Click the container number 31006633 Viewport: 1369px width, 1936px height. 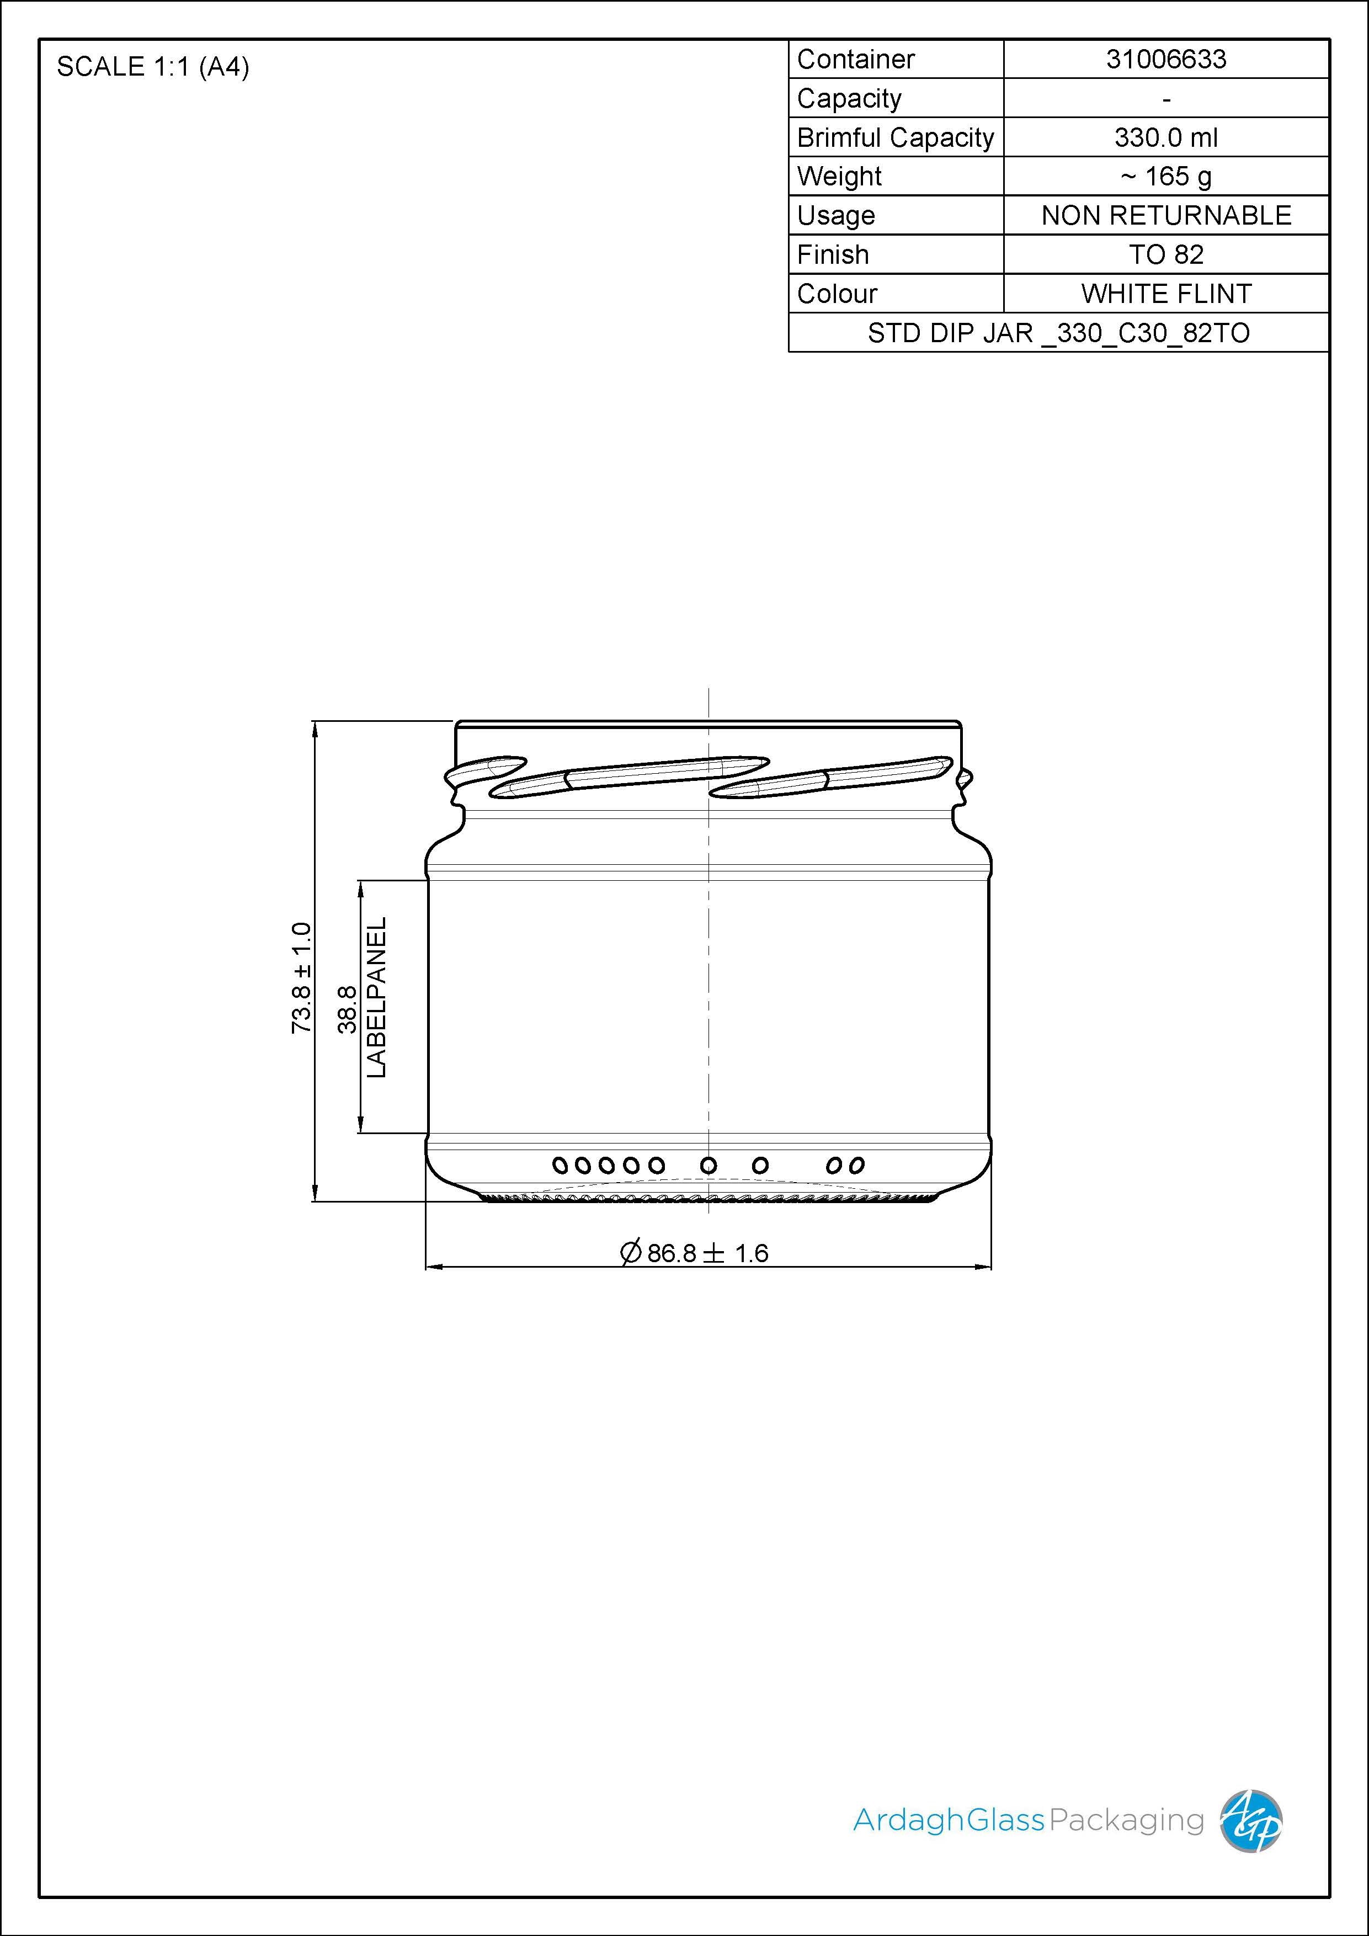pos(1166,59)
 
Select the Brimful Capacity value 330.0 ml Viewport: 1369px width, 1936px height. pos(1166,137)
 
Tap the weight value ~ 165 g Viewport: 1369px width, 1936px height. pos(1166,176)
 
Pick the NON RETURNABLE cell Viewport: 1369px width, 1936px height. pos(1166,215)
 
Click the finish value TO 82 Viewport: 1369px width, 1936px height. pos(1166,254)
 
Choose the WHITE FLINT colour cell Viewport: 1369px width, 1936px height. pos(1166,294)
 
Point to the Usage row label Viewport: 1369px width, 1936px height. pos(836,216)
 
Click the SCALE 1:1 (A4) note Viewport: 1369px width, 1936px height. pos(153,67)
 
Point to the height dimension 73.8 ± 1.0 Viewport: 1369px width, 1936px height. pos(301,977)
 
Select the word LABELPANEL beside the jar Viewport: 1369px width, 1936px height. pos(376,997)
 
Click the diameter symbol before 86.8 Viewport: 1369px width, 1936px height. pos(631,1252)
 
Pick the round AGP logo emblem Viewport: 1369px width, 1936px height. pos(1251,1821)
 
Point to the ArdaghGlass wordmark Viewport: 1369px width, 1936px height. pos(949,1821)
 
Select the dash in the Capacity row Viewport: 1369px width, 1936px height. pos(1166,99)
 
